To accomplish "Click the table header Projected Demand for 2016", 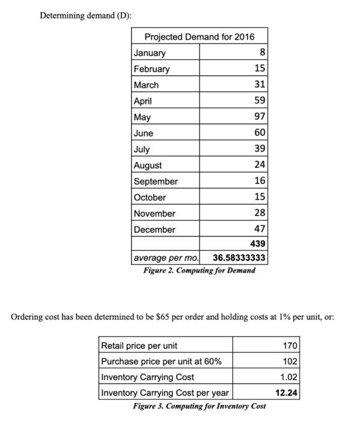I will [199, 37].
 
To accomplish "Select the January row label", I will [150, 53].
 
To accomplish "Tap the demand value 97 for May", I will [260, 117].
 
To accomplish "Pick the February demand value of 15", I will [260, 69].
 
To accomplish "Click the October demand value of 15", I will [260, 197].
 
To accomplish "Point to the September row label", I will [156, 181].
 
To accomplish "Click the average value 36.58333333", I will [239, 259].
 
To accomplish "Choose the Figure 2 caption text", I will [199, 271].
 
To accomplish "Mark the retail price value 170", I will [290, 345].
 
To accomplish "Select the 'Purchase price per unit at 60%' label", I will [161, 361].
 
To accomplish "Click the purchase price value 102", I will [290, 361].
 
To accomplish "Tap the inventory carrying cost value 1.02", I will [289, 377].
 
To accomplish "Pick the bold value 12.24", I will [287, 393].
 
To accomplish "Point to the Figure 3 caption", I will [199, 406].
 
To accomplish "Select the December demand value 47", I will [260, 229].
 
